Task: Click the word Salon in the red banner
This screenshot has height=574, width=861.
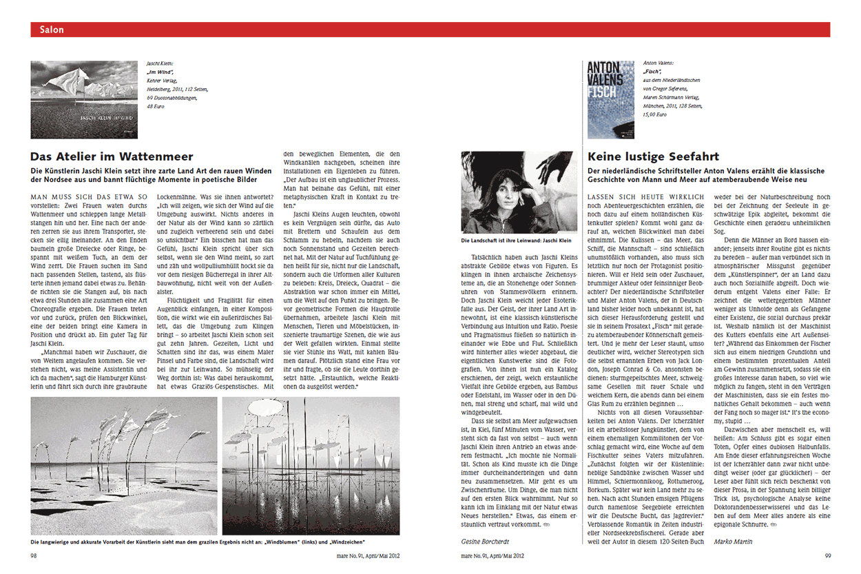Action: point(52,30)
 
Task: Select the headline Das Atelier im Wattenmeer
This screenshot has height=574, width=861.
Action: point(112,156)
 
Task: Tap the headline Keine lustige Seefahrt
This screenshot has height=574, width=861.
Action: point(653,156)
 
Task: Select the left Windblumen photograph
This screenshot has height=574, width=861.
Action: point(123,467)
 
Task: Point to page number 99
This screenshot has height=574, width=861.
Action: point(827,555)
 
